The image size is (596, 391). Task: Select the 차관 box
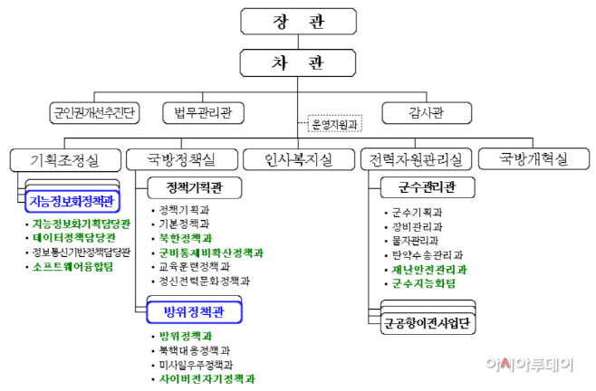pyautogui.click(x=298, y=63)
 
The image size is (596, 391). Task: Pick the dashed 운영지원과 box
pyautogui.click(x=334, y=126)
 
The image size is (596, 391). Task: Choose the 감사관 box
pyautogui.click(x=426, y=113)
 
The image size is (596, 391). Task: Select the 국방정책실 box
pyautogui.click(x=182, y=160)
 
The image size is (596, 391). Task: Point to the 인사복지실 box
pyautogui.click(x=298, y=160)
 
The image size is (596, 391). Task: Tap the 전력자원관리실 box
pyautogui.click(x=416, y=160)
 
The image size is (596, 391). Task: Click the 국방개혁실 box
pyautogui.click(x=534, y=160)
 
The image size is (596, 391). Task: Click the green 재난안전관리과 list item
pyautogui.click(x=429, y=269)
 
